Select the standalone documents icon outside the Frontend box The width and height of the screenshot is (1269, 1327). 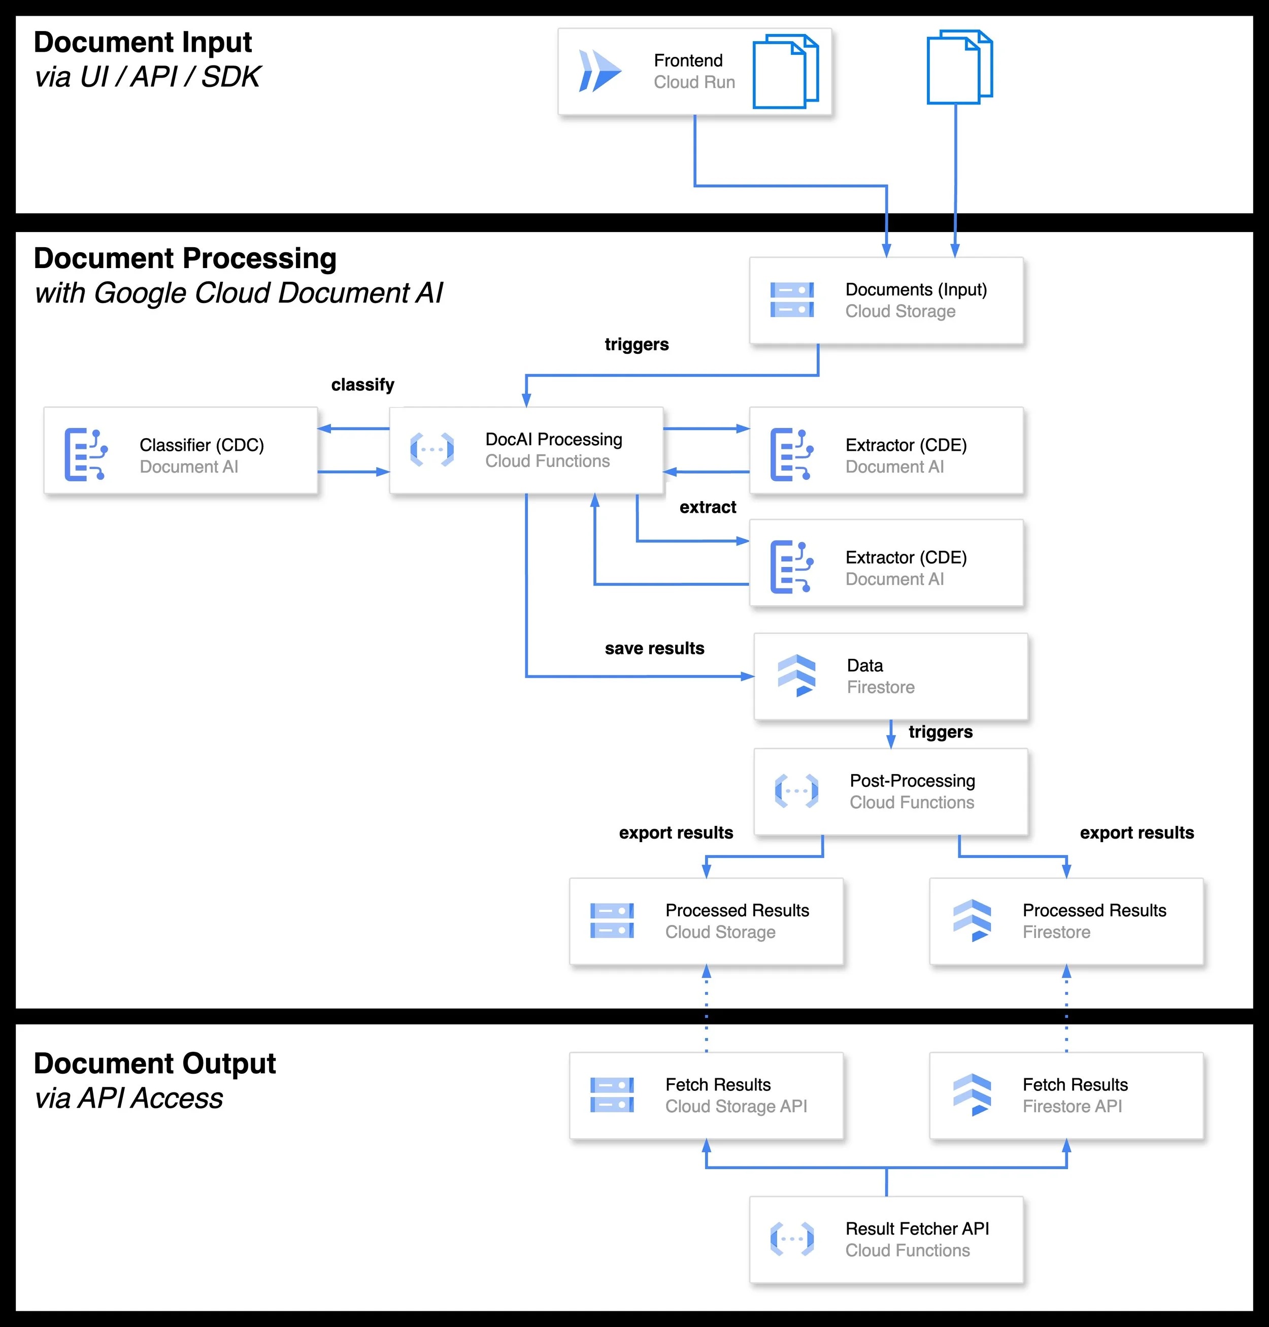(958, 67)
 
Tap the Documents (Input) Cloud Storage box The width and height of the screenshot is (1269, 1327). (886, 301)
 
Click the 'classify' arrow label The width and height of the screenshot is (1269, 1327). (362, 385)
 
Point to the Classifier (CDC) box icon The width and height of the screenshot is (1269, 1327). (85, 454)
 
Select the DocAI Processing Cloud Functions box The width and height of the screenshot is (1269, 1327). (526, 450)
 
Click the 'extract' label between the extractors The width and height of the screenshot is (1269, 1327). (708, 507)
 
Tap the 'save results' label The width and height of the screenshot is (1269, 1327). (654, 649)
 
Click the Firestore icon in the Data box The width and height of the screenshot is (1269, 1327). (796, 676)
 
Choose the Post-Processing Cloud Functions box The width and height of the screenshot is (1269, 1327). (890, 791)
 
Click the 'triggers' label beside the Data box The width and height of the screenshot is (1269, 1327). (940, 732)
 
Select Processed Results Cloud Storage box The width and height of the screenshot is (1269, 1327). (706, 921)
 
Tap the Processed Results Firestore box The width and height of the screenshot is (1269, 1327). (1066, 921)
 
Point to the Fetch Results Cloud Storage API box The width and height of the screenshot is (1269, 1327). (706, 1095)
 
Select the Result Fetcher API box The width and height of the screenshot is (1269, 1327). (886, 1239)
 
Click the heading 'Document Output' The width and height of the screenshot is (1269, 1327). (155, 1063)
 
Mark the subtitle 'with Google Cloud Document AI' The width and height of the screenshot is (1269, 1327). (239, 293)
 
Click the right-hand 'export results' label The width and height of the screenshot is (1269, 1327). (1137, 833)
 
